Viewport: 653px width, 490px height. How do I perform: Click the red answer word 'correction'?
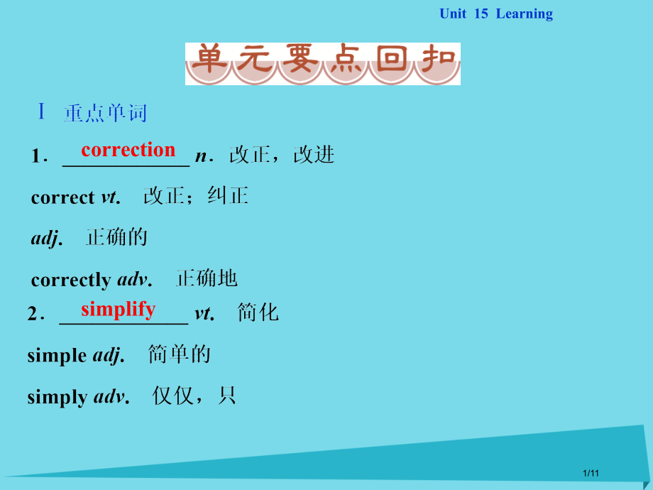pos(128,150)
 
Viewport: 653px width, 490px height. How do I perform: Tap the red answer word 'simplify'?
pos(118,309)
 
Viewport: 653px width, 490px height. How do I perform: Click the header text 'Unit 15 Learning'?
pos(495,14)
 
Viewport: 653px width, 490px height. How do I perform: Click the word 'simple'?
pos(57,355)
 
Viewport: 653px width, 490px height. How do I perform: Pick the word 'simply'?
pos(57,397)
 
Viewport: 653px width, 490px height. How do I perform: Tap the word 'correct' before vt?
pos(62,197)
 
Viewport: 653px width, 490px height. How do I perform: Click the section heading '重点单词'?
pos(105,114)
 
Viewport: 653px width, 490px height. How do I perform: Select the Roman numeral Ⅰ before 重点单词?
pos(42,112)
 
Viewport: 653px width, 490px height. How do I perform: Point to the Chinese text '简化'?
pos(258,312)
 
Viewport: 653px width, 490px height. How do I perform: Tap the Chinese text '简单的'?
pos(180,354)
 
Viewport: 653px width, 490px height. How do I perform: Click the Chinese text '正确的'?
pos(116,237)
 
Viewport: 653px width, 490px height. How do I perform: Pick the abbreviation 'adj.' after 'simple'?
pos(109,355)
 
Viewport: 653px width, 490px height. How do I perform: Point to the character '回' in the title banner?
pos(391,62)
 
